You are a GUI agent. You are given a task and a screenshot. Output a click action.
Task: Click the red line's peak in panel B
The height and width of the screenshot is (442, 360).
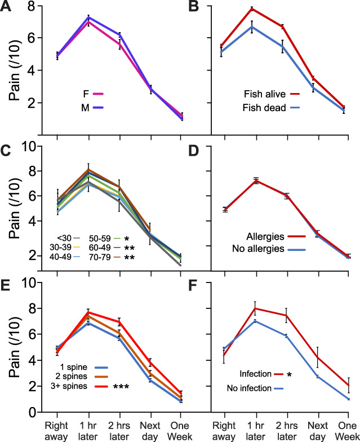coord(252,8)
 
